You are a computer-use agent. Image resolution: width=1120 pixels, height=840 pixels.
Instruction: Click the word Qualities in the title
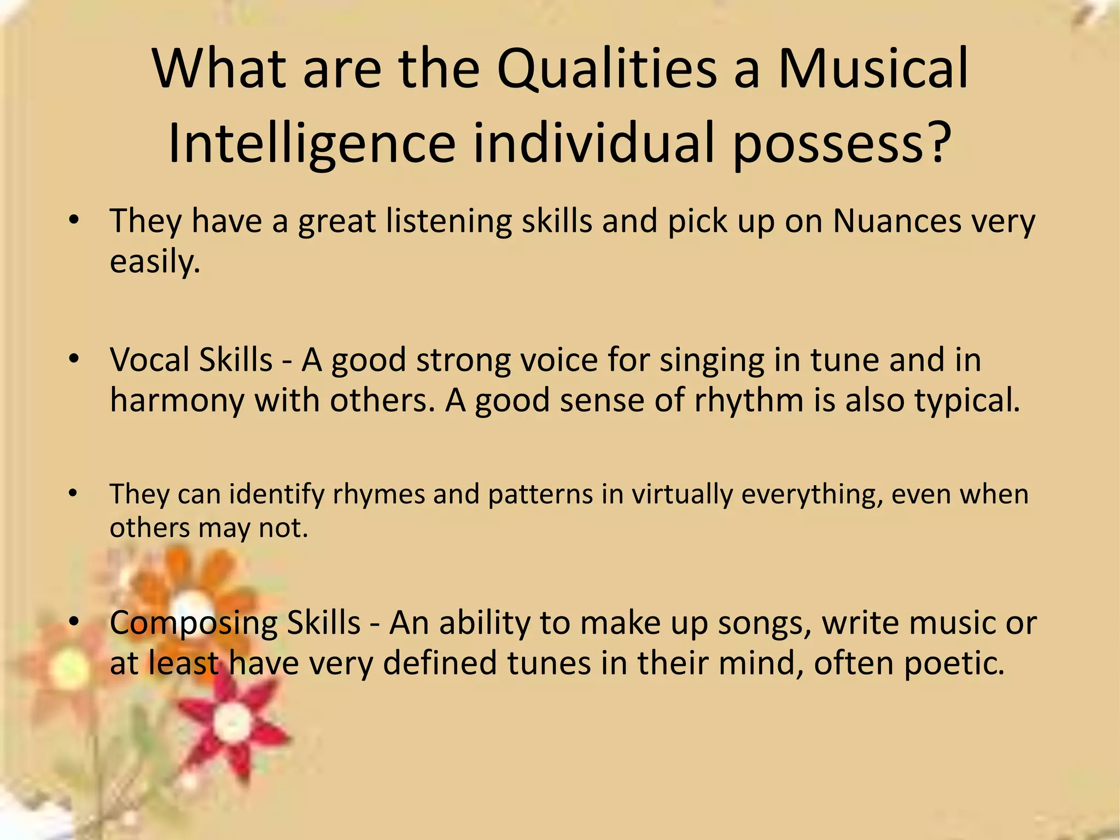(607, 70)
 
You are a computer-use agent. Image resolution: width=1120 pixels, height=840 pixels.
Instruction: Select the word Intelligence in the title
(312, 143)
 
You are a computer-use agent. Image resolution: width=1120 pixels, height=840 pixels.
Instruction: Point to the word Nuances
(897, 221)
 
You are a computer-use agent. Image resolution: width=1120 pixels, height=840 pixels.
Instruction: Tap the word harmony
(177, 400)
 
